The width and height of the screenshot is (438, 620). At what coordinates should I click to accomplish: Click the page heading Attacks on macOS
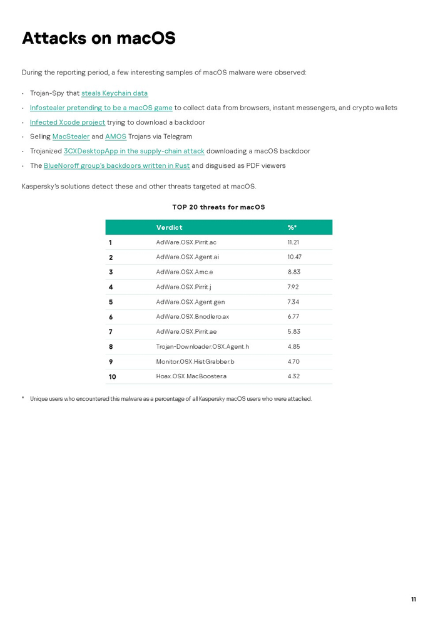click(x=98, y=38)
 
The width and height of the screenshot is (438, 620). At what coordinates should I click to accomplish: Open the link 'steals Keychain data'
click(x=115, y=93)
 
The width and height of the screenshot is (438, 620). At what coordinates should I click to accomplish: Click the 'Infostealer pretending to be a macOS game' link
click(x=101, y=108)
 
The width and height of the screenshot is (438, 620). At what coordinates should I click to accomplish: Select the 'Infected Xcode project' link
click(x=68, y=122)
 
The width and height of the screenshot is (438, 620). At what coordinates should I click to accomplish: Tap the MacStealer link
click(x=71, y=137)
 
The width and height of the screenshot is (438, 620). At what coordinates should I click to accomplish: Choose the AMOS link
click(x=116, y=137)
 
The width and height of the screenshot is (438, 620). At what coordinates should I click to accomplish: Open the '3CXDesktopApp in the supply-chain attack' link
click(x=134, y=151)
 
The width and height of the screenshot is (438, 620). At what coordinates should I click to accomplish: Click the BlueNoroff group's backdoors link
click(x=116, y=165)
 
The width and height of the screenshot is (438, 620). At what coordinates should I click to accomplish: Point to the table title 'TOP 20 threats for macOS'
click(x=218, y=207)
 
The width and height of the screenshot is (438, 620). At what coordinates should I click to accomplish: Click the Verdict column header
click(x=169, y=227)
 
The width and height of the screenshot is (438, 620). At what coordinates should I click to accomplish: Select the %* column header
click(x=292, y=227)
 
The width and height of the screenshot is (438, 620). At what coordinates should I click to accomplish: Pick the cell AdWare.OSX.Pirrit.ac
click(x=186, y=242)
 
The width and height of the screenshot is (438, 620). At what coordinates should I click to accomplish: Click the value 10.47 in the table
click(x=294, y=257)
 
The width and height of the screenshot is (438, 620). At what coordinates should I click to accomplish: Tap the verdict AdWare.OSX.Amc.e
click(x=184, y=272)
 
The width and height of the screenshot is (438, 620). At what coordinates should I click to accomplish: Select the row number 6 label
click(x=111, y=317)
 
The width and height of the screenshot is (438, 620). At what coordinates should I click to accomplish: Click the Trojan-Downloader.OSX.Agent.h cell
click(x=202, y=346)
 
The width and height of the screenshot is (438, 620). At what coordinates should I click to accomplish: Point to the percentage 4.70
click(x=293, y=361)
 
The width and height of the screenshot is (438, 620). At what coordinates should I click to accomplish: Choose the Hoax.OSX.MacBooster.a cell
click(x=191, y=376)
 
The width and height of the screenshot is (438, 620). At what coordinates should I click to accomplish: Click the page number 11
click(x=413, y=599)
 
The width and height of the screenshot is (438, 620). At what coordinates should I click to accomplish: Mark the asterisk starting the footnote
click(x=23, y=398)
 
